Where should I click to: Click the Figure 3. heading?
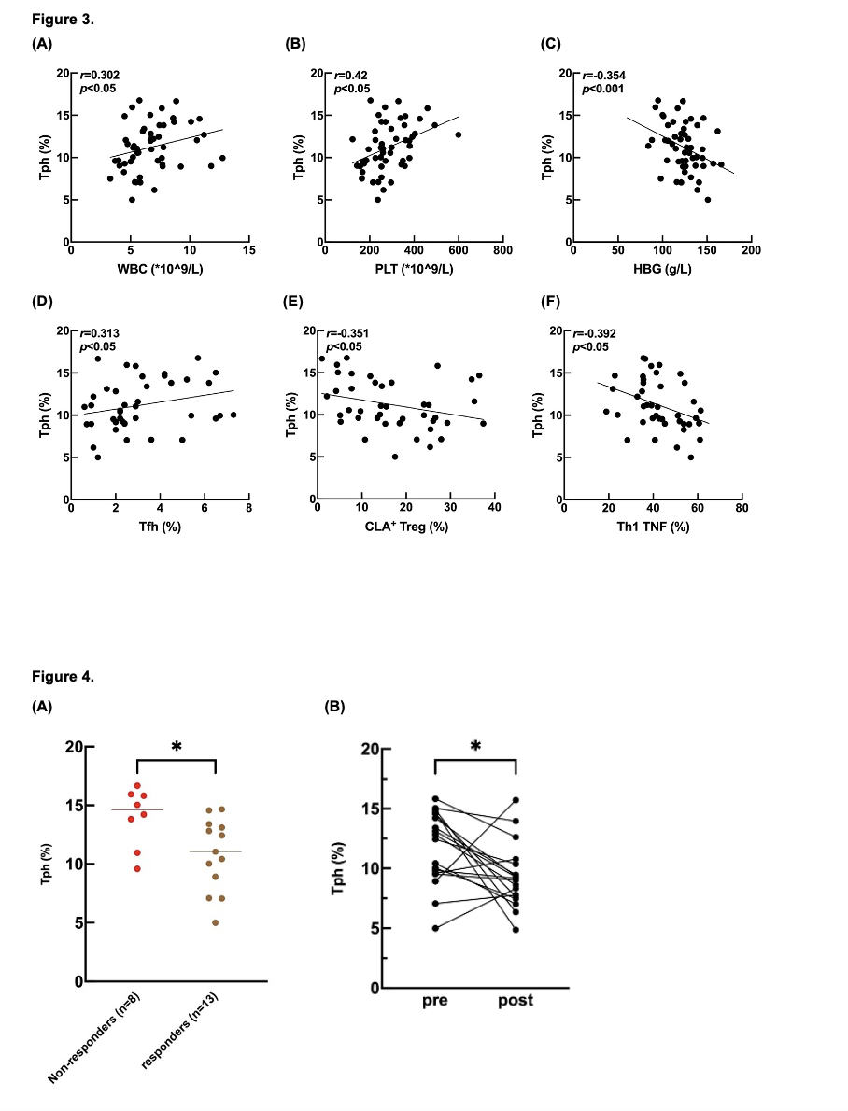63,20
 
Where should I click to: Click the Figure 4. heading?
63,676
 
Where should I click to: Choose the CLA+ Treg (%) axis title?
406,527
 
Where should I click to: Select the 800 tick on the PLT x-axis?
502,251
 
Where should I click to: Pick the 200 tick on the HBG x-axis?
752,251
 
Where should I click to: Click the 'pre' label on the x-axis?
435,1001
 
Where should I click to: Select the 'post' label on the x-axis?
516,1001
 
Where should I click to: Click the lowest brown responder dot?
217,922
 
